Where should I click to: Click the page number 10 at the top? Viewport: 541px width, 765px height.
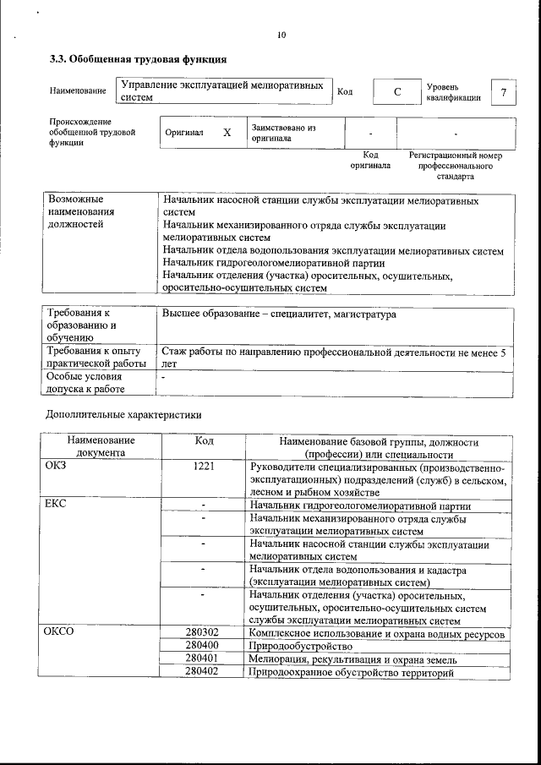(281, 35)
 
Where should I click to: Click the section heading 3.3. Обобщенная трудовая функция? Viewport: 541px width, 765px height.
(138, 59)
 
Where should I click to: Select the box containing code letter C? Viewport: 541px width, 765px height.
(396, 91)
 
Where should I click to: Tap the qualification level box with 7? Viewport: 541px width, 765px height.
(504, 91)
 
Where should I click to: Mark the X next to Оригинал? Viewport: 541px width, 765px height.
(227, 134)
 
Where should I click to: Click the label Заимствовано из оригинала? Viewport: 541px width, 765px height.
(283, 134)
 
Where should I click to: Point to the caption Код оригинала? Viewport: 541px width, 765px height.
(370, 161)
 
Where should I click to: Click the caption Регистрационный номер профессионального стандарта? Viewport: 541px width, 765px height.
(456, 166)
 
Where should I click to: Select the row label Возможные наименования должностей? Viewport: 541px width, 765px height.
(81, 213)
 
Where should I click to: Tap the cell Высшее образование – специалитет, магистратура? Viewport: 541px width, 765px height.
(278, 314)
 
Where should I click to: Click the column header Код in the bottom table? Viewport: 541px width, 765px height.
(204, 441)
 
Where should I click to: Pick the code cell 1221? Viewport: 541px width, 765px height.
(204, 466)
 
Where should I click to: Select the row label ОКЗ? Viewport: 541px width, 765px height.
(56, 466)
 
